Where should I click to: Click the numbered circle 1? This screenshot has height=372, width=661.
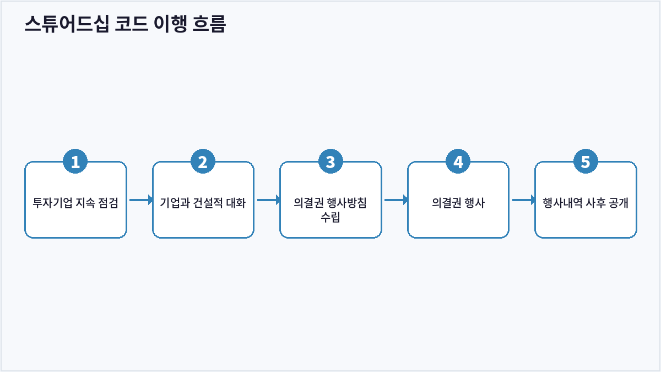(75, 161)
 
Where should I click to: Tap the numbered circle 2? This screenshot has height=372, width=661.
(203, 161)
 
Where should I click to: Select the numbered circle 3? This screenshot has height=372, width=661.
(330, 161)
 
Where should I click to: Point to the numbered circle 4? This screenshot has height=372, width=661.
(458, 161)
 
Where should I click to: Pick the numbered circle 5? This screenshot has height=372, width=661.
(586, 161)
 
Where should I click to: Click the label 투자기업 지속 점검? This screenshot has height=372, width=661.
(75, 203)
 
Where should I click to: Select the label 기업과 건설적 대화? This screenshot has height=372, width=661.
(203, 203)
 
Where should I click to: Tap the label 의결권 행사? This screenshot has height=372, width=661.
(458, 203)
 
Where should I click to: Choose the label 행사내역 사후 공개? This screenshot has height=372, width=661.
(586, 203)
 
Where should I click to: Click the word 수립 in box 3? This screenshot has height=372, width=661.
(330, 217)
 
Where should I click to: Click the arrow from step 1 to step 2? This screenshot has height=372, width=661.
(141, 200)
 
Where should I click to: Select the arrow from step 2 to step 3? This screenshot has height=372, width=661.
(269, 200)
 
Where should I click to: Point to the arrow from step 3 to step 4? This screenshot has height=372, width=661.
(396, 200)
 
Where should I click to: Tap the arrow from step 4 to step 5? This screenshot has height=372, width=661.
(523, 200)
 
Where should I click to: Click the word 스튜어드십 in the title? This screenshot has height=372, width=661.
(67, 24)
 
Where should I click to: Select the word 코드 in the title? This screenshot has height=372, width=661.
(131, 24)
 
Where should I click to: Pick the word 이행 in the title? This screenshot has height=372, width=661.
(170, 24)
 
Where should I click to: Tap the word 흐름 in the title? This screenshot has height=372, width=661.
(209, 24)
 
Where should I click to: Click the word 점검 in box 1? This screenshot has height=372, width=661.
(108, 203)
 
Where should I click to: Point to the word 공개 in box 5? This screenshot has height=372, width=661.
(619, 203)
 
